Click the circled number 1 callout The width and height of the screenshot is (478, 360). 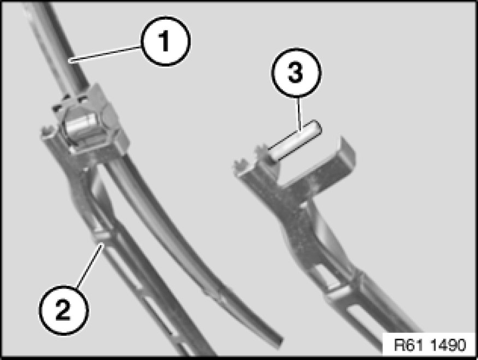pyautogui.click(x=166, y=41)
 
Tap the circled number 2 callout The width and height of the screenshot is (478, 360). pyautogui.click(x=64, y=310)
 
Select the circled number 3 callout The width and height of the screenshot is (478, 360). pyautogui.click(x=296, y=73)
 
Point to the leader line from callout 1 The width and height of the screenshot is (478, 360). pyautogui.click(x=106, y=54)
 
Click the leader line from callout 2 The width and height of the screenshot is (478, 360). pyautogui.click(x=89, y=265)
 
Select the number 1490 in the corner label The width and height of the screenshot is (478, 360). pyautogui.click(x=448, y=345)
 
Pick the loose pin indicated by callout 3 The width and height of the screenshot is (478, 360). pyautogui.click(x=294, y=140)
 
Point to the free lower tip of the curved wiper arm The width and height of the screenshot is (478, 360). pyautogui.click(x=278, y=341)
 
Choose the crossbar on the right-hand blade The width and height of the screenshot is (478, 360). pyautogui.click(x=340, y=291)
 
